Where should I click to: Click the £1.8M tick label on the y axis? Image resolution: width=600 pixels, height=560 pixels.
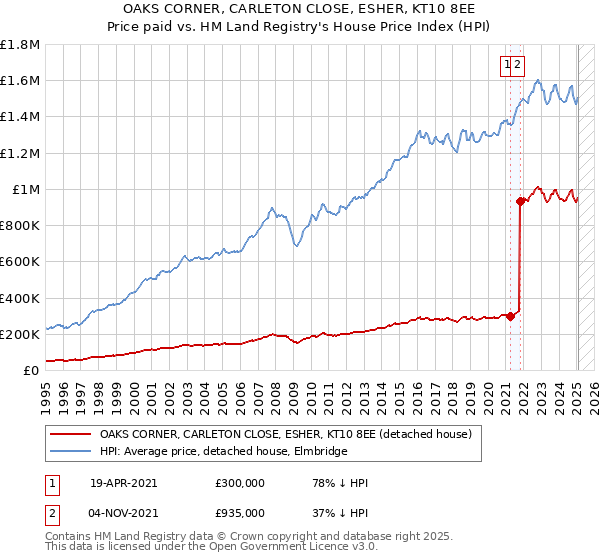coord(21,45)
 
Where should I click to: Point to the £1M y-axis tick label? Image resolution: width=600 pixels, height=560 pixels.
coord(26,189)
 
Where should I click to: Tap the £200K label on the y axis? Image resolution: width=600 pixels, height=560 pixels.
coord(20,334)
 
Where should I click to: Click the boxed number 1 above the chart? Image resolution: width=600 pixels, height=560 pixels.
coord(508,64)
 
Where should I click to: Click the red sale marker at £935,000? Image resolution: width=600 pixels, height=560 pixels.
coord(521,201)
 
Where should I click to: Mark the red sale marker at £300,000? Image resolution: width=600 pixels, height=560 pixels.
coord(510,316)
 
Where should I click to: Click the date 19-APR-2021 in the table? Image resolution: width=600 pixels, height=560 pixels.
coord(123,483)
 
